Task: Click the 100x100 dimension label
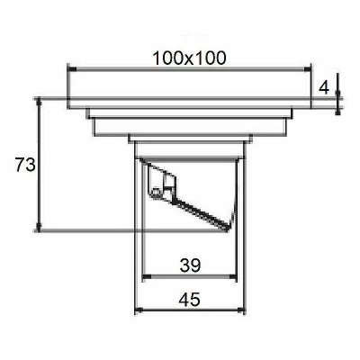point(189,58)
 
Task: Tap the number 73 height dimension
point(25,165)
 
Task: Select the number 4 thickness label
point(324,88)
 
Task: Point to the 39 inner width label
point(190,265)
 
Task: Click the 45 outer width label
point(189,300)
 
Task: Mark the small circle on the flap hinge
point(156,192)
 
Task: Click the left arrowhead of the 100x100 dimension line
point(72,69)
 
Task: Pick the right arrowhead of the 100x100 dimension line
point(306,69)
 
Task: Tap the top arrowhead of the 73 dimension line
point(39,103)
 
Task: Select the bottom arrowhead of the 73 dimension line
point(39,227)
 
